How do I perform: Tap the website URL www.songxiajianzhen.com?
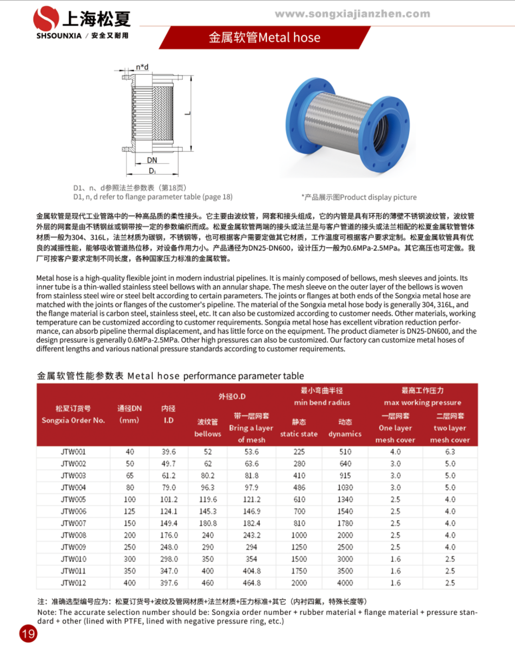click(353, 14)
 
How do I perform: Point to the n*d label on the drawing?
click(142, 67)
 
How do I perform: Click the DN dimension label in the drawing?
click(152, 160)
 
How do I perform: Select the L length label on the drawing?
click(188, 113)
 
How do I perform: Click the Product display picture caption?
click(359, 197)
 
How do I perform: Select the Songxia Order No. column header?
click(73, 415)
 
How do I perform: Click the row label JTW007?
click(73, 523)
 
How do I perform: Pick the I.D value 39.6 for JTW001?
click(168, 452)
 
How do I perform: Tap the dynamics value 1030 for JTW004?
click(345, 488)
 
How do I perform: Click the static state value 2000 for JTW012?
click(299, 583)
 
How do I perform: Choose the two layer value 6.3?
click(450, 452)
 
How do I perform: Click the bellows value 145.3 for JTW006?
click(208, 511)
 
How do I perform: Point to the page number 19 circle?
click(28, 634)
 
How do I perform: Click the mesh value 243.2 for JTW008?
click(252, 535)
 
